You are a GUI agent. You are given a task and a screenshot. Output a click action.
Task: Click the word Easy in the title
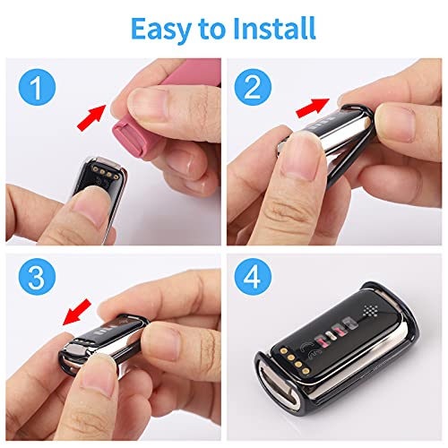[161, 30]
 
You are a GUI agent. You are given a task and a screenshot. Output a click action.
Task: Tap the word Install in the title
[274, 29]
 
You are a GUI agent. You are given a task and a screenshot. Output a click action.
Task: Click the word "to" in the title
[212, 30]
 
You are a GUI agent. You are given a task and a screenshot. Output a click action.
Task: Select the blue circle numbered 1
[38, 87]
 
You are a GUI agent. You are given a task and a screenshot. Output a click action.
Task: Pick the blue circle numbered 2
[253, 87]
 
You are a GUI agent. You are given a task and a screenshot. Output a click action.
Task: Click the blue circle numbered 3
[38, 277]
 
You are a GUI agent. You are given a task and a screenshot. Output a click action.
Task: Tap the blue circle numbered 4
[253, 277]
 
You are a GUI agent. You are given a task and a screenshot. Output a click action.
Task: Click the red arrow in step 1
[91, 117]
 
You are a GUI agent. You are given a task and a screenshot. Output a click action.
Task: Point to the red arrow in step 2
[313, 108]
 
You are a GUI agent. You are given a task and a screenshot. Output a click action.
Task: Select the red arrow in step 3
[77, 312]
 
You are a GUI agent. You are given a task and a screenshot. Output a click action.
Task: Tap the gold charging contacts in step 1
[106, 173]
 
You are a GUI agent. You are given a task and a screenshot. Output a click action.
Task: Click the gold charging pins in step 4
[294, 361]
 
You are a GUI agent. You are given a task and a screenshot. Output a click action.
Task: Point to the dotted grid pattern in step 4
[372, 311]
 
